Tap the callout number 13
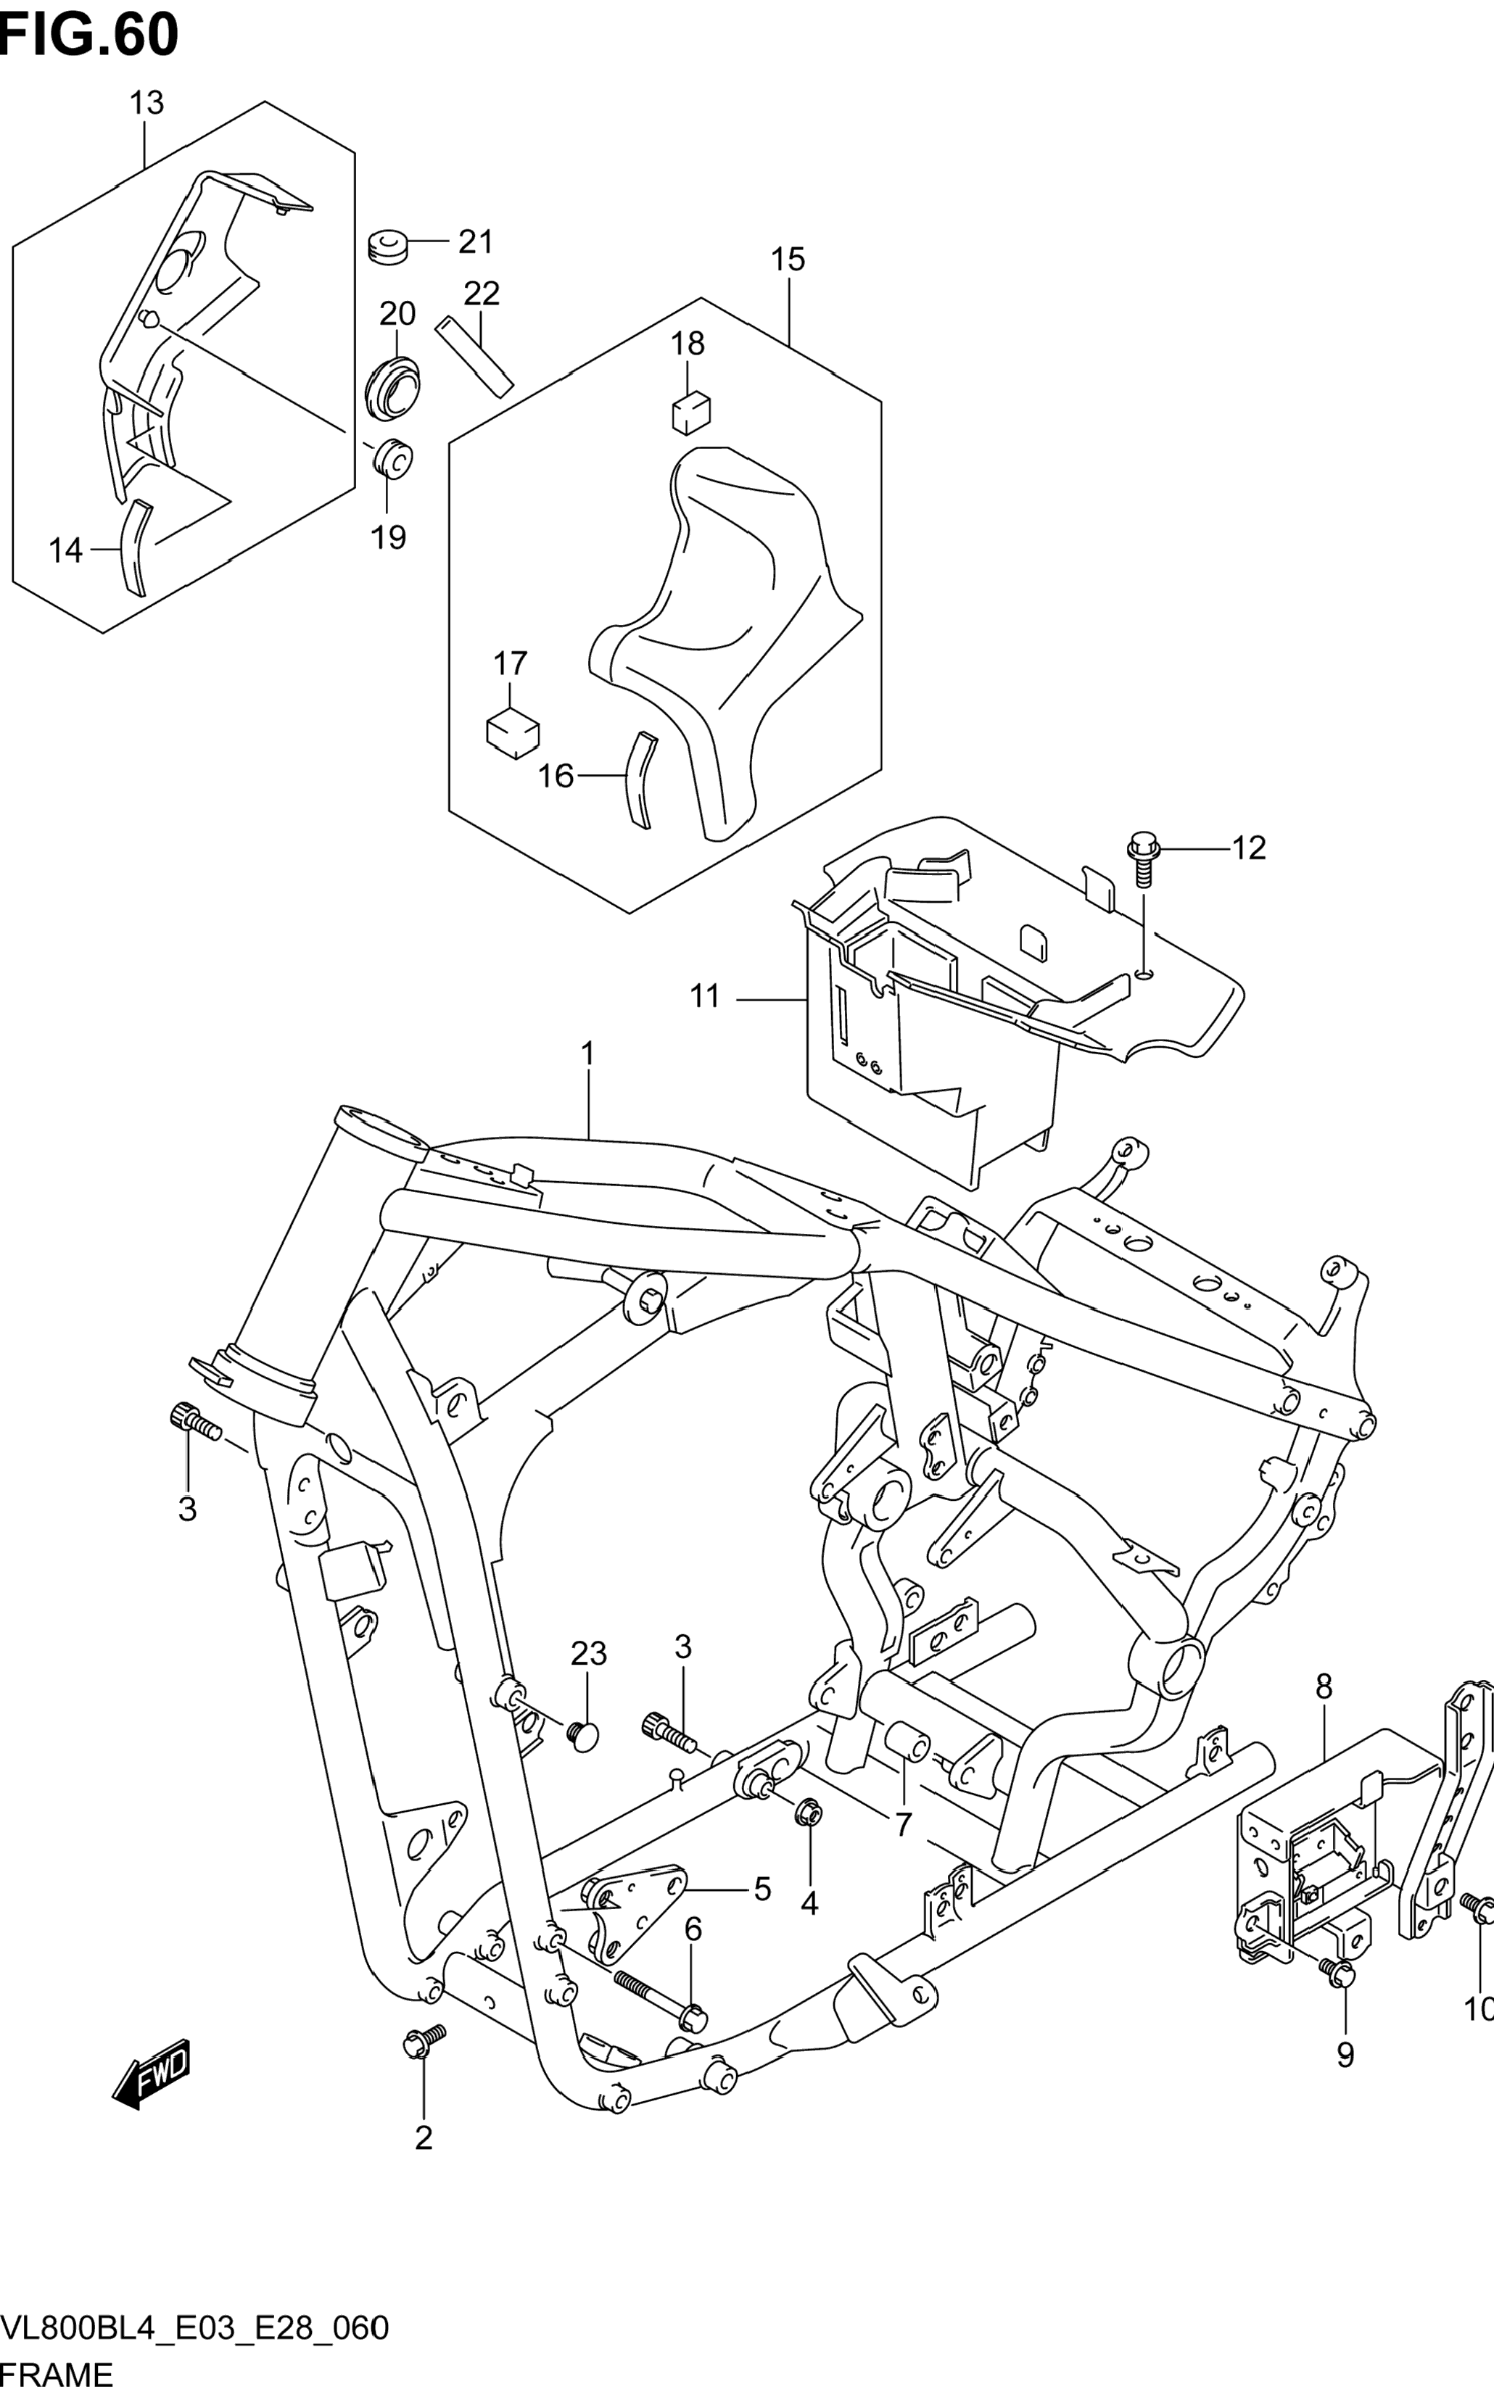[146, 103]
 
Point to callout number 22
[482, 294]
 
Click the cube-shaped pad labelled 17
[513, 733]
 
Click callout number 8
[1324, 1688]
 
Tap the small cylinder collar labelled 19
[392, 458]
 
